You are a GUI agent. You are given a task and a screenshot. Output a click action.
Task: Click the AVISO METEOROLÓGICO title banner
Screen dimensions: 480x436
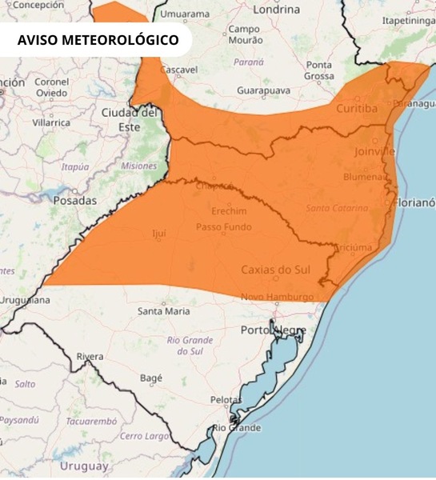pyautogui.click(x=98, y=40)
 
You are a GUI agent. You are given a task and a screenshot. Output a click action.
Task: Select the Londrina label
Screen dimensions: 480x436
pyautogui.click(x=276, y=10)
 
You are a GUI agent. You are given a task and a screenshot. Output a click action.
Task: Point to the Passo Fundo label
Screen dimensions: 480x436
pyautogui.click(x=223, y=227)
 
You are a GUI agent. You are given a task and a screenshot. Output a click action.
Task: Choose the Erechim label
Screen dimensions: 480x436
pyautogui.click(x=229, y=211)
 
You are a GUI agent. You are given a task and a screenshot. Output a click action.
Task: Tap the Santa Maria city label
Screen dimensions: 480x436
pyautogui.click(x=164, y=310)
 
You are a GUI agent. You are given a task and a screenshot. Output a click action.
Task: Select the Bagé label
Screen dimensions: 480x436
pyautogui.click(x=150, y=378)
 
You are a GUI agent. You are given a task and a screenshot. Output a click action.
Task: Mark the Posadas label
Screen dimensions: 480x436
pyautogui.click(x=74, y=201)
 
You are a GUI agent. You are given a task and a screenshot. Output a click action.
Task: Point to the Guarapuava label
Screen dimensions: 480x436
pyautogui.click(x=262, y=91)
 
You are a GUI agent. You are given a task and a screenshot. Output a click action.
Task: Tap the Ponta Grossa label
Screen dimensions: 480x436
pyautogui.click(x=318, y=70)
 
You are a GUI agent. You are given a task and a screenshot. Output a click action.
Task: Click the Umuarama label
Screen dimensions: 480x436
pyautogui.click(x=185, y=14)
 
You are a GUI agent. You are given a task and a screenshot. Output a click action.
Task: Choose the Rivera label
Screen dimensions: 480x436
pyautogui.click(x=90, y=356)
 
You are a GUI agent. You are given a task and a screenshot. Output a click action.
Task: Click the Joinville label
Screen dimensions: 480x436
pyautogui.click(x=374, y=150)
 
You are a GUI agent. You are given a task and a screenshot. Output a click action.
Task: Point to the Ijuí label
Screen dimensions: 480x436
pyautogui.click(x=158, y=233)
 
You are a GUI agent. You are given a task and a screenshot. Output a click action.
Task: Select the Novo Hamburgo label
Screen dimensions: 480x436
pyautogui.click(x=278, y=298)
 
